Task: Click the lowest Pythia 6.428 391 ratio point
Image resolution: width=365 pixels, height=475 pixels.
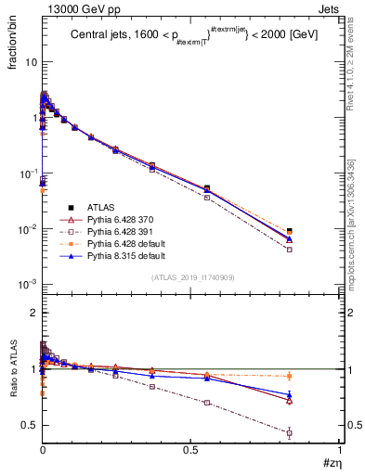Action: tap(316, 433)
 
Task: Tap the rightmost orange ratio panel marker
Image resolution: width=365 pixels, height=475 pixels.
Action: tap(316, 376)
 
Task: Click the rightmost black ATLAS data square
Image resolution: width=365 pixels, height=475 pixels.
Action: tap(316, 231)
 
